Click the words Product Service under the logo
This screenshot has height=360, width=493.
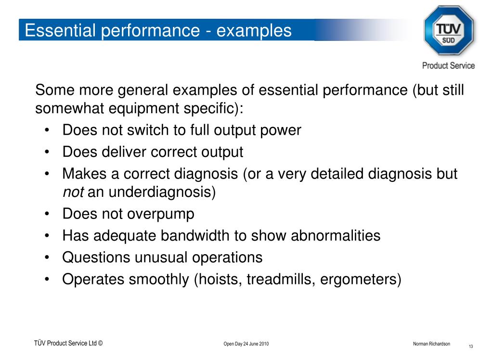click(448, 66)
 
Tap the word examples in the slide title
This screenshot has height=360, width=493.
click(254, 30)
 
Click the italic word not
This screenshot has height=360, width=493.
click(73, 192)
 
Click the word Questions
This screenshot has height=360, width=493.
click(96, 257)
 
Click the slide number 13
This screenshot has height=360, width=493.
click(471, 347)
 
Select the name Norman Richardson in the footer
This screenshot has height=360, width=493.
click(431, 344)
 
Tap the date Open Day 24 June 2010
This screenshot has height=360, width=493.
click(246, 344)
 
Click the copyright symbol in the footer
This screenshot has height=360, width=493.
click(101, 343)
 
